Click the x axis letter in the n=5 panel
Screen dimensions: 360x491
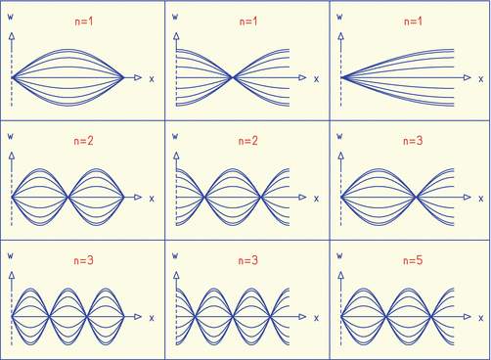(x=480, y=317)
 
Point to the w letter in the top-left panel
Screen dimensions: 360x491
(x=11, y=17)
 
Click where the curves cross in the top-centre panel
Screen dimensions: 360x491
(x=233, y=77)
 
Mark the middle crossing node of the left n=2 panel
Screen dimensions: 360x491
(x=67, y=198)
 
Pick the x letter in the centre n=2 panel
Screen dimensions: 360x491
(x=316, y=198)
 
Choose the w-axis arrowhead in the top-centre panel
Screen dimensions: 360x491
(x=176, y=34)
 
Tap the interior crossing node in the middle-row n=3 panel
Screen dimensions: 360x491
(x=416, y=198)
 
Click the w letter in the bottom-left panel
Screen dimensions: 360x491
(x=11, y=255)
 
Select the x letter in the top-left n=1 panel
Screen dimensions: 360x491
(x=152, y=77)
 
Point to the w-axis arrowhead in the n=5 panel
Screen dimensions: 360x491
(x=340, y=274)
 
